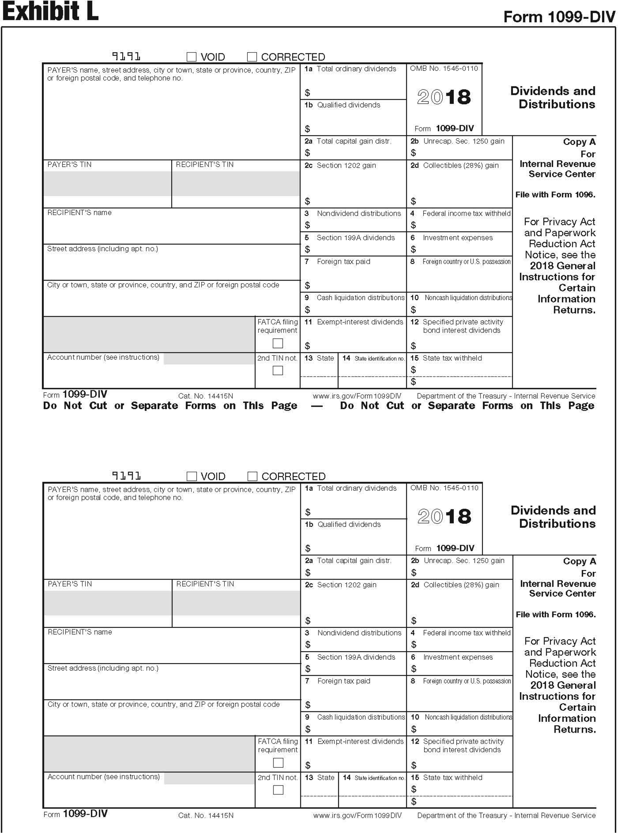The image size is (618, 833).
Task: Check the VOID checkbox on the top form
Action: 192,57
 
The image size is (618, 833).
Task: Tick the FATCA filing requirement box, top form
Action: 278,343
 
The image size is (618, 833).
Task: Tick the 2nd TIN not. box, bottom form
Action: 278,790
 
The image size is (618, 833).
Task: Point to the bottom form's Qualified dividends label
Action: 349,524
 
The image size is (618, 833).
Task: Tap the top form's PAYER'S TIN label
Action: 69,165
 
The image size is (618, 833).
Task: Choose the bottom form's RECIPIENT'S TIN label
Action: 205,584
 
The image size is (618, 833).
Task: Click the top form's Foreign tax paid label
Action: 343,261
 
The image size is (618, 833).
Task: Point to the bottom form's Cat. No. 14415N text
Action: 206,815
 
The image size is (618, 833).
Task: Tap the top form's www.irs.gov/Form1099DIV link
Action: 357,396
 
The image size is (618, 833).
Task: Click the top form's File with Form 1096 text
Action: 555,194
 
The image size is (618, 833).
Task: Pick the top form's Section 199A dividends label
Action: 355,238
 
